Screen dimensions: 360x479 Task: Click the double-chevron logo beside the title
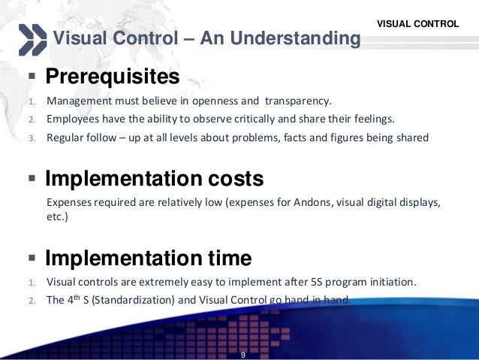click(32, 39)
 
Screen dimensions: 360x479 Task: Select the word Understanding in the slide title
click(288, 38)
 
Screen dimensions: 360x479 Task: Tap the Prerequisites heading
click(112, 77)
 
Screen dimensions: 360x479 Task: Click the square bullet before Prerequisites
click(32, 77)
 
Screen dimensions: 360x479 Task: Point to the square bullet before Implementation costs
click(32, 180)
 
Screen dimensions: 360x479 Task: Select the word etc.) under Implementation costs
click(57, 218)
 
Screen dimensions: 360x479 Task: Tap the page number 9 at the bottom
click(243, 353)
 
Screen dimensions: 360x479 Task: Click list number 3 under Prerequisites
click(32, 138)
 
